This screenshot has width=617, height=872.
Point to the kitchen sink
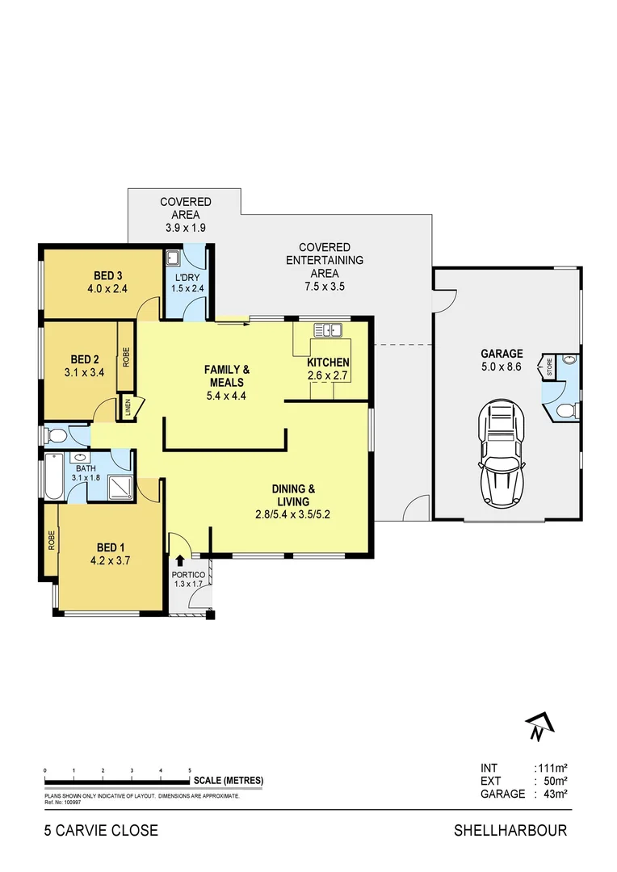tap(328, 329)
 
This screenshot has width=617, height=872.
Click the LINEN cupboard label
tap(128, 407)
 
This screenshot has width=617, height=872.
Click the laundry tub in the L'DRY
tap(173, 259)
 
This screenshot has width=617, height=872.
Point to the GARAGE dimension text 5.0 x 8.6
tap(502, 367)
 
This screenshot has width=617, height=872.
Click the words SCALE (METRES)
tap(228, 781)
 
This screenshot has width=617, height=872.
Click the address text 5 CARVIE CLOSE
tap(101, 830)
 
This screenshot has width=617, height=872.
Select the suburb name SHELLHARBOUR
tap(510, 830)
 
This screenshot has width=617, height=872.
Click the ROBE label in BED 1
tap(51, 539)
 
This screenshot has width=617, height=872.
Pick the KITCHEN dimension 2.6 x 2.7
tap(328, 375)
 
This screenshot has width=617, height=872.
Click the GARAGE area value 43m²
tap(552, 794)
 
